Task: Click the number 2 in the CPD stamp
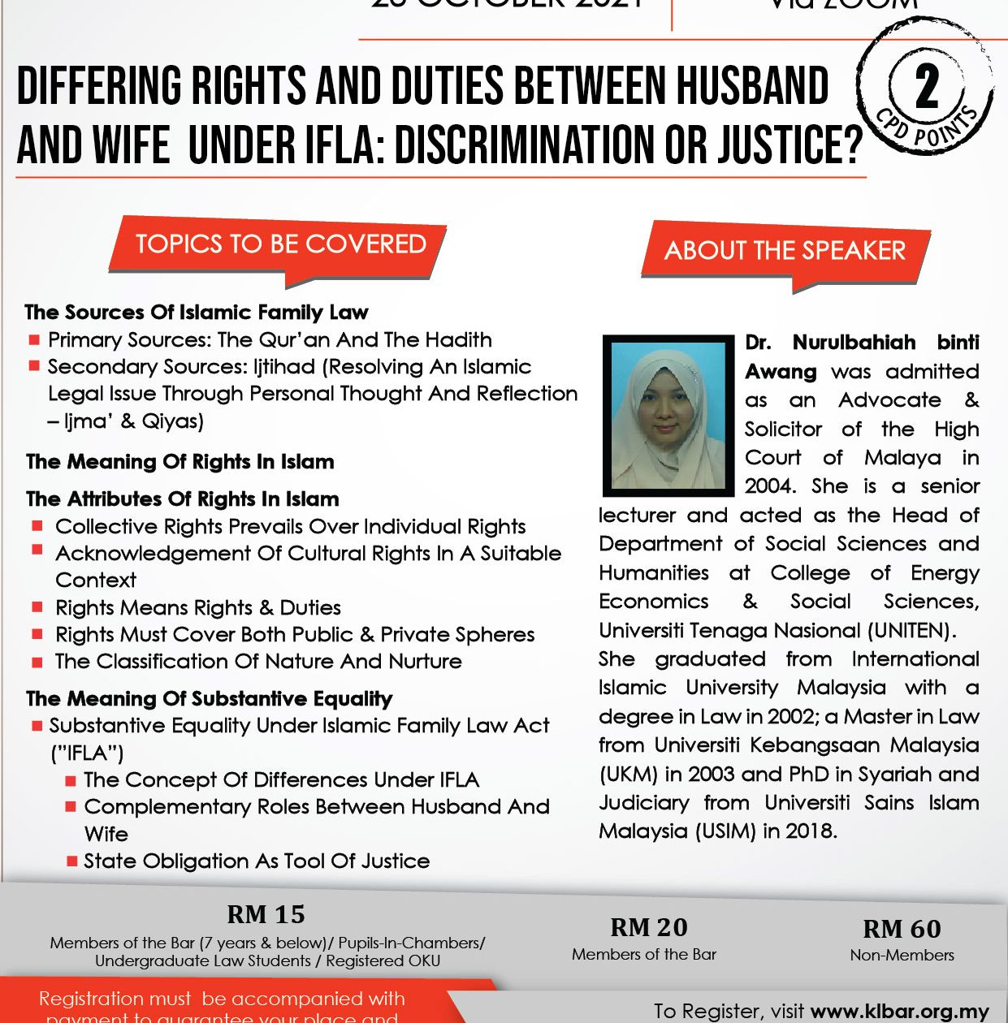click(x=927, y=88)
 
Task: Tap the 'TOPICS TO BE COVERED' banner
click(x=280, y=244)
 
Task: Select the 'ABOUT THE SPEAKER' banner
click(x=785, y=251)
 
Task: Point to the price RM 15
click(x=266, y=914)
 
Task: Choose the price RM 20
click(x=648, y=927)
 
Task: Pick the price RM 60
click(x=902, y=929)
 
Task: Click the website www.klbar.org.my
click(x=900, y=1012)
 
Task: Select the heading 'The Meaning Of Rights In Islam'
click(x=180, y=462)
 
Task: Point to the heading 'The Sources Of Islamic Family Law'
click(x=197, y=313)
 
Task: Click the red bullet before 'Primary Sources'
click(x=34, y=339)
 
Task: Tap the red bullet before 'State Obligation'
click(x=72, y=861)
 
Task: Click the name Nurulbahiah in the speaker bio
click(x=854, y=343)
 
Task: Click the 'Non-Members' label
click(x=902, y=956)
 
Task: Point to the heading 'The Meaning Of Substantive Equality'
click(x=210, y=699)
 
